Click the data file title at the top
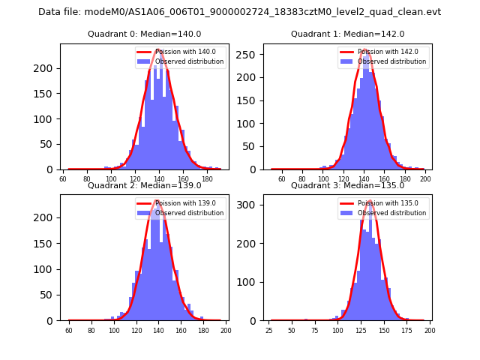coord(239,12)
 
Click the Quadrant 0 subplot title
coord(144,34)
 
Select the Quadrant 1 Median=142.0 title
coord(347,34)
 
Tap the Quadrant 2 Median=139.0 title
coord(144,185)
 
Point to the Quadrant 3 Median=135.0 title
coord(347,185)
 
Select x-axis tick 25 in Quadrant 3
coord(269,330)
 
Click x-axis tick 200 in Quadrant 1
coord(425,179)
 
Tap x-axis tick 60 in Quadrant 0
coord(63,179)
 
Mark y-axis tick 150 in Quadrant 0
coord(49,94)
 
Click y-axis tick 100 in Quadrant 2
coord(49,269)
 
